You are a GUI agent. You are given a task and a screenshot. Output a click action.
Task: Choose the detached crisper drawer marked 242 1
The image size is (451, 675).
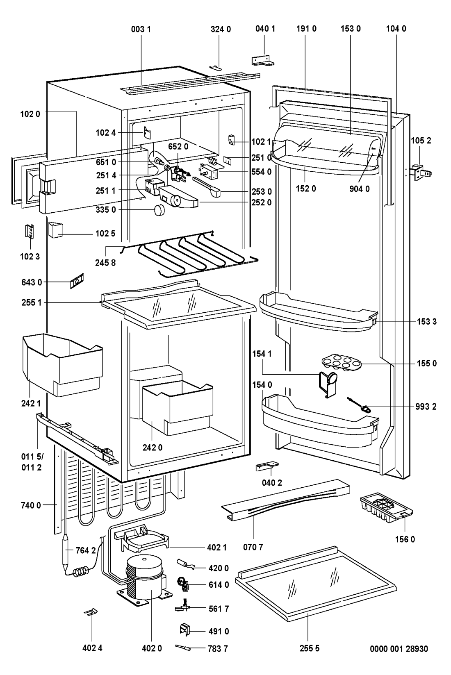pos(61,363)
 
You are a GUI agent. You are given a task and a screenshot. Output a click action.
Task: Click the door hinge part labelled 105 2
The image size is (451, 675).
pos(419,170)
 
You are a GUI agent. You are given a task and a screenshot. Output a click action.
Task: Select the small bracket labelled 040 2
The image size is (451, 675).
pos(266,466)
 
